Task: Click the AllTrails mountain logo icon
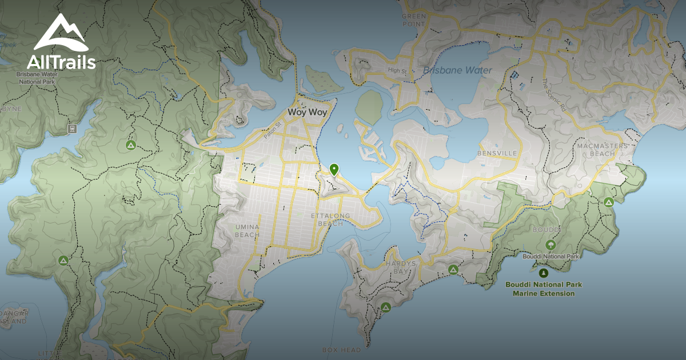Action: tap(61, 33)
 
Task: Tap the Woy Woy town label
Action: tap(308, 112)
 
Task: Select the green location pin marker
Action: tap(334, 169)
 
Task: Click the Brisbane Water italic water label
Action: tap(457, 70)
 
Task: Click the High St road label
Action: tap(397, 70)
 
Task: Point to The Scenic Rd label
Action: tap(553, 95)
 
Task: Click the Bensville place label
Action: tap(497, 154)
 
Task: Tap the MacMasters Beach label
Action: tap(602, 150)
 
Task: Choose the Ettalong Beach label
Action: tap(326, 219)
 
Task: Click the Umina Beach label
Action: tap(247, 231)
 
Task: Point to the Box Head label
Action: tap(341, 350)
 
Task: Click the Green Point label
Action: tap(413, 20)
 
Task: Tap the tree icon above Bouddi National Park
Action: tap(551, 245)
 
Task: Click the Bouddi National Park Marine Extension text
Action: tap(543, 289)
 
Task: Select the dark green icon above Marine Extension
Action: tap(543, 273)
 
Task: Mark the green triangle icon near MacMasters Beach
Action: tap(609, 202)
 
